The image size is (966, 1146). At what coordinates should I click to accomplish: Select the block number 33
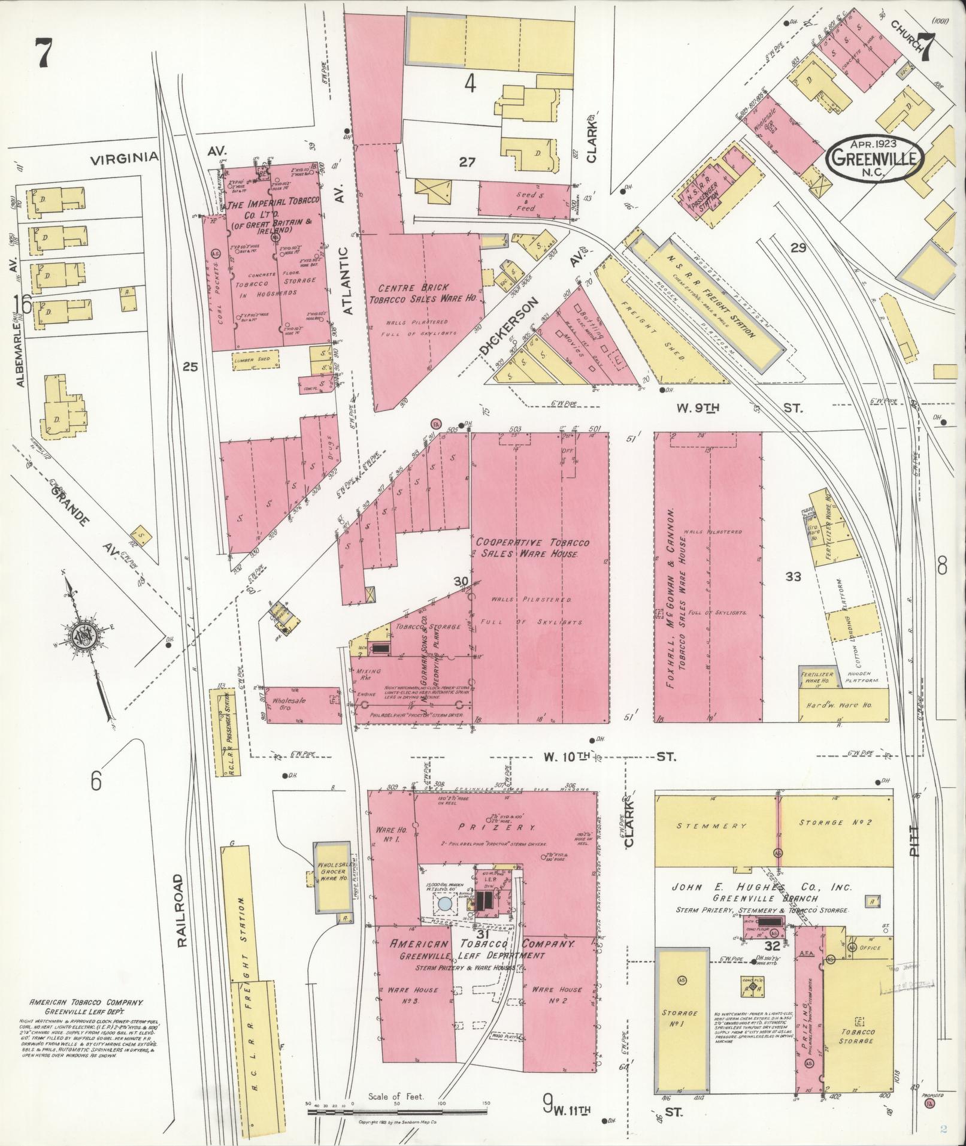(793, 576)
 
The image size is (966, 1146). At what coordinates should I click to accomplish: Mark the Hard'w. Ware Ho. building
(843, 705)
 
